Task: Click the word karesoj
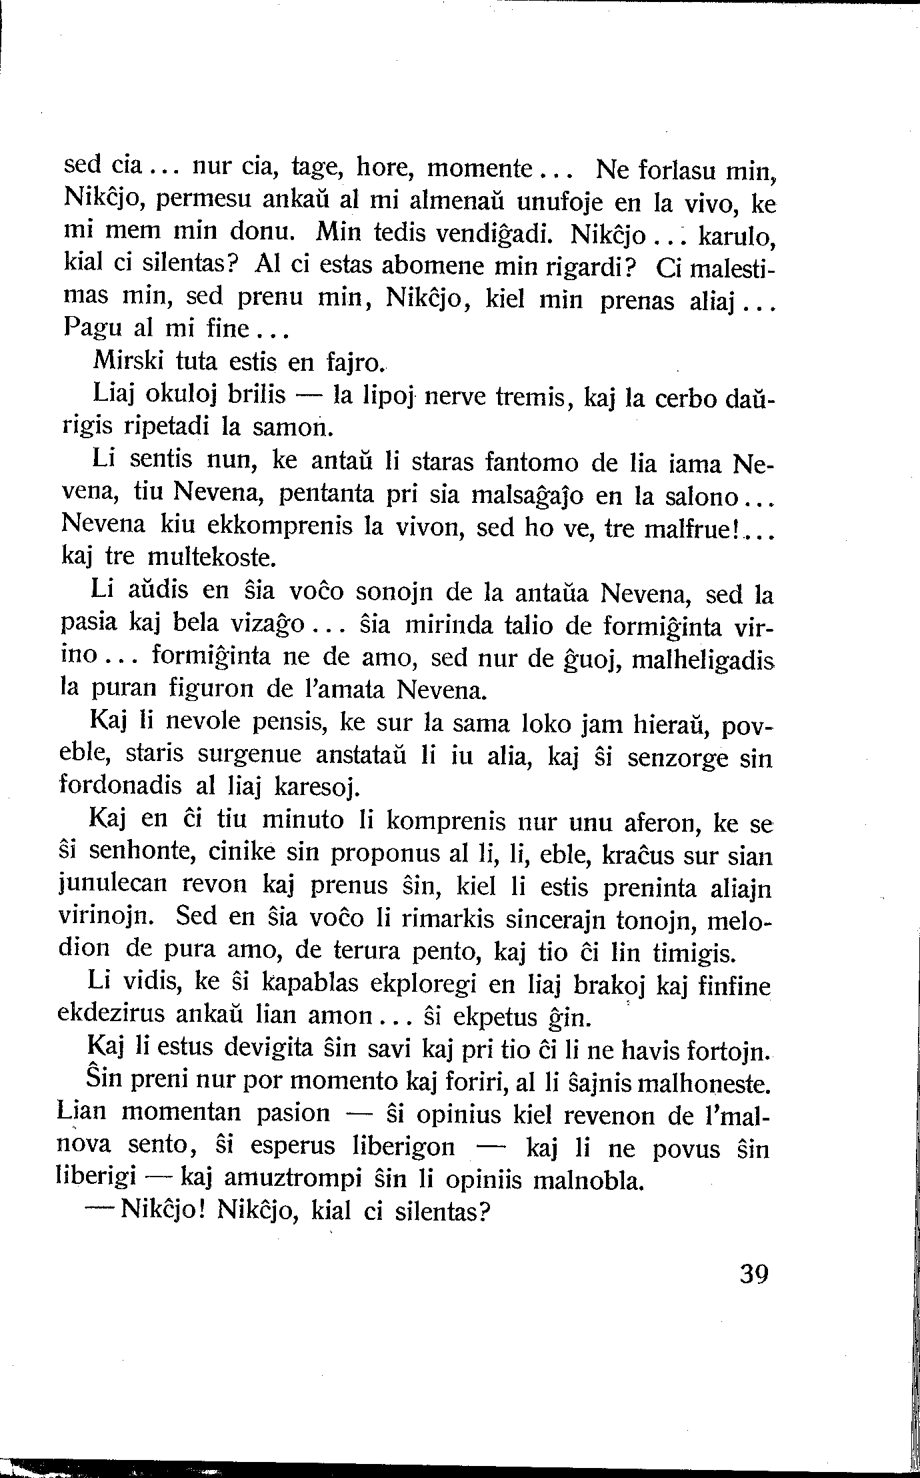click(315, 789)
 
